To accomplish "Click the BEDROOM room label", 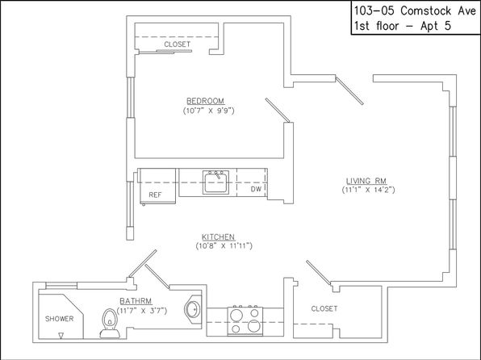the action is [x=205, y=101].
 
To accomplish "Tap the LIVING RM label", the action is [x=366, y=181].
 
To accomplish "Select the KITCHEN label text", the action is [x=218, y=237].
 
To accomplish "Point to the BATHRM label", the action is [x=136, y=301].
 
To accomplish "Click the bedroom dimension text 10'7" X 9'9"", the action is [x=208, y=111].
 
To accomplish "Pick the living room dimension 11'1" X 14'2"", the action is [x=369, y=190].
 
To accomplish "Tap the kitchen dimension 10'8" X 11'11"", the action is [x=224, y=246].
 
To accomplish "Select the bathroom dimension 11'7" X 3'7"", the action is [x=142, y=311].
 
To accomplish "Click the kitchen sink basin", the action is [x=215, y=182].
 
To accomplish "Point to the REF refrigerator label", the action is [x=155, y=195].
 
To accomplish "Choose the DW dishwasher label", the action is [x=256, y=189].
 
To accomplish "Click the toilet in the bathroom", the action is [x=110, y=323].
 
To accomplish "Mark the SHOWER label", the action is [x=59, y=319].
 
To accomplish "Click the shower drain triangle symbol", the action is [x=61, y=336].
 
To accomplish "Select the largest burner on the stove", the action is [x=254, y=325].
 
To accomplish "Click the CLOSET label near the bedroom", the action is [x=177, y=44].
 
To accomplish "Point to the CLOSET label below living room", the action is [x=324, y=309].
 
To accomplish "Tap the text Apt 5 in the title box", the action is [x=436, y=26].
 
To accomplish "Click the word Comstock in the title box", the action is [x=426, y=11].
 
